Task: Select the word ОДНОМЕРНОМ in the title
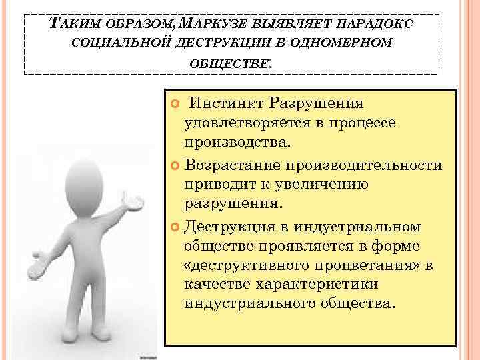point(353,44)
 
